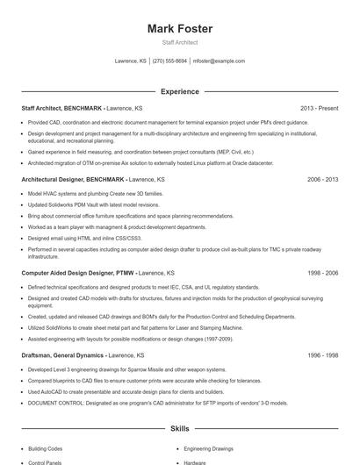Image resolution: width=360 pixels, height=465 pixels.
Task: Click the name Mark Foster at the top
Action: (180, 29)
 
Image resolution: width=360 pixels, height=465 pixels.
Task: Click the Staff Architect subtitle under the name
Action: (180, 42)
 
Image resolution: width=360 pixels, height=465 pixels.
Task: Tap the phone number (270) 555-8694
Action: (170, 61)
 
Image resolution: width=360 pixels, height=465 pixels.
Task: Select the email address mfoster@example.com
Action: (219, 61)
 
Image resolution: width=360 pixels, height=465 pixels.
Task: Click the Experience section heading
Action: (180, 91)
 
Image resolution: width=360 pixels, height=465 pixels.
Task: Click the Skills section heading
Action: (180, 428)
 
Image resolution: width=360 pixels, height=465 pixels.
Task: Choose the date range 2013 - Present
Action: (319, 108)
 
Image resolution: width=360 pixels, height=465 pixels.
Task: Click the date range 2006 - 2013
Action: (322, 179)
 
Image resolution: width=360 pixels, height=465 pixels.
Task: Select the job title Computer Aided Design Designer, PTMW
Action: (78, 273)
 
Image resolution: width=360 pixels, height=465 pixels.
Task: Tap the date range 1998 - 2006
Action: (322, 273)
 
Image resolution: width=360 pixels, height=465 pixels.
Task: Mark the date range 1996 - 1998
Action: (322, 355)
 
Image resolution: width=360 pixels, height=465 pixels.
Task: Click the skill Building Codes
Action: (46, 448)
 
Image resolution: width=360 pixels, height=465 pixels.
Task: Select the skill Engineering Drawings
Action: (209, 448)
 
